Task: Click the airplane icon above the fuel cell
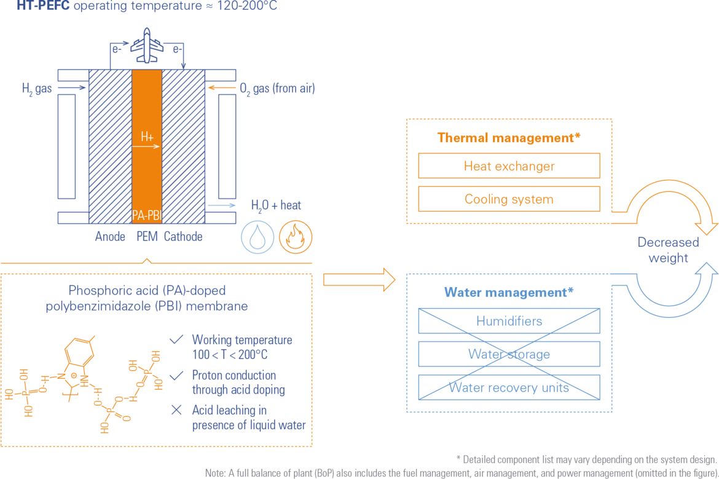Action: (147, 46)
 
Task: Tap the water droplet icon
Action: (257, 237)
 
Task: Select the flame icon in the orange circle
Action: (296, 237)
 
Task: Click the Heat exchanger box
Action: (509, 165)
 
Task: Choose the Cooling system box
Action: (509, 199)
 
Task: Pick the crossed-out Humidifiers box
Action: (509, 321)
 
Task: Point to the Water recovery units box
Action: (509, 387)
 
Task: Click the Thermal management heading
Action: (509, 138)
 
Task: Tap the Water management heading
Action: (509, 292)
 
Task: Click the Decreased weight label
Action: (668, 250)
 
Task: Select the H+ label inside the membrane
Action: (147, 137)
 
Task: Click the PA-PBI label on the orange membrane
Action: (146, 215)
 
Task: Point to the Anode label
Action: (110, 236)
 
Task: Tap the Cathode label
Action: (183, 236)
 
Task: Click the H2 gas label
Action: (37, 89)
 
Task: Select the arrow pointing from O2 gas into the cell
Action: (221, 88)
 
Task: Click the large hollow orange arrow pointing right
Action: (359, 279)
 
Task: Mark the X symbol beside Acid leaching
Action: (176, 410)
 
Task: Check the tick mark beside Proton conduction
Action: (176, 375)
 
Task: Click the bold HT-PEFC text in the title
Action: (43, 6)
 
